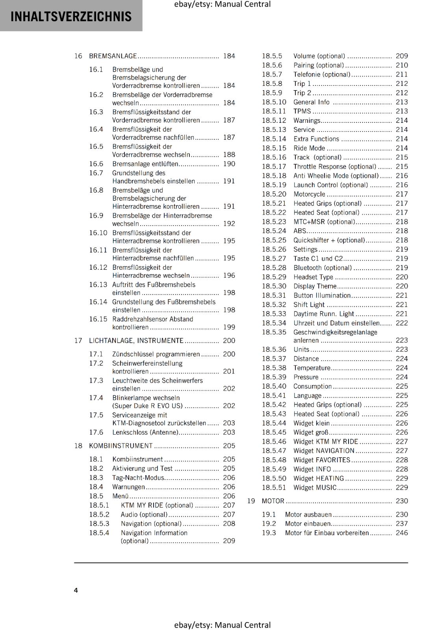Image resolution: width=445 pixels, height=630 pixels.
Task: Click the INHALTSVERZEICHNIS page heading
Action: pos(71,17)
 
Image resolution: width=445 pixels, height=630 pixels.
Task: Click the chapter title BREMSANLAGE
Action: pos(113,56)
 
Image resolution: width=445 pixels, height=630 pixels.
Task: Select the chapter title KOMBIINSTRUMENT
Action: pos(121,446)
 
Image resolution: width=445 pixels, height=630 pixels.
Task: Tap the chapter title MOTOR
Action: pos(273,501)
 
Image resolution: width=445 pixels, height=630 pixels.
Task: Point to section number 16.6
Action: pos(96,164)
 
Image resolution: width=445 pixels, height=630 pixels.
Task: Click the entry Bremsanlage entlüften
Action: pos(145,164)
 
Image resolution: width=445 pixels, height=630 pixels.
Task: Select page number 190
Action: pos(229,164)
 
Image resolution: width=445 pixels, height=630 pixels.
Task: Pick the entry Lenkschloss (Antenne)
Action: pos(145,432)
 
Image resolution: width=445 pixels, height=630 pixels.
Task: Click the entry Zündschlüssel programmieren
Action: pos(156,354)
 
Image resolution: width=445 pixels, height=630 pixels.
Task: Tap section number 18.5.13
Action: pos(274,130)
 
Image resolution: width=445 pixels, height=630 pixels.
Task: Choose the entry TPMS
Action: pos(302,111)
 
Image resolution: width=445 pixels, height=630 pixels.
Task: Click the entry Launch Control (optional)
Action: pos(330,185)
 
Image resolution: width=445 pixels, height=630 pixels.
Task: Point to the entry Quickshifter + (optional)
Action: pos(329,240)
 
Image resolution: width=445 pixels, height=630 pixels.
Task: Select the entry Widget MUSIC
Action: pos(315,487)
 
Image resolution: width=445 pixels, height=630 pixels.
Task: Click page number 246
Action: pos(402,533)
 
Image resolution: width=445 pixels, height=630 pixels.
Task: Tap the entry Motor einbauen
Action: pos(308,524)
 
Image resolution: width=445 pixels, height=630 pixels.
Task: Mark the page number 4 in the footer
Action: pos(76,590)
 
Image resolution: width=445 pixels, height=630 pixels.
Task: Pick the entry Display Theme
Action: pos(315,286)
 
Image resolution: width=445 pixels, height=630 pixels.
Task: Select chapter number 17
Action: pos(78,341)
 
